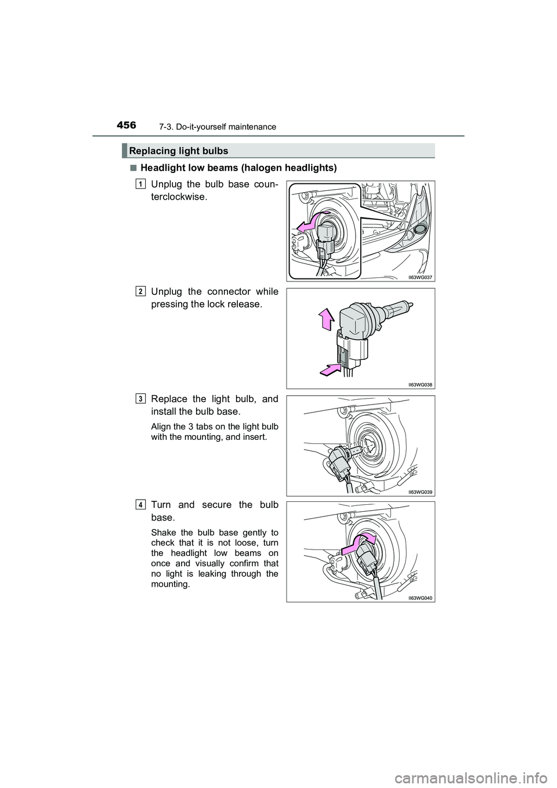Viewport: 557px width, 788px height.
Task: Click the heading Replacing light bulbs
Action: click(179, 151)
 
